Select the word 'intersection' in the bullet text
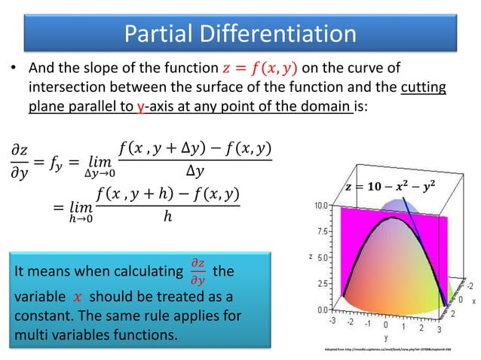click(x=67, y=89)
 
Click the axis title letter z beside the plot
click(x=310, y=256)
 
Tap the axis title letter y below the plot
click(x=385, y=338)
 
